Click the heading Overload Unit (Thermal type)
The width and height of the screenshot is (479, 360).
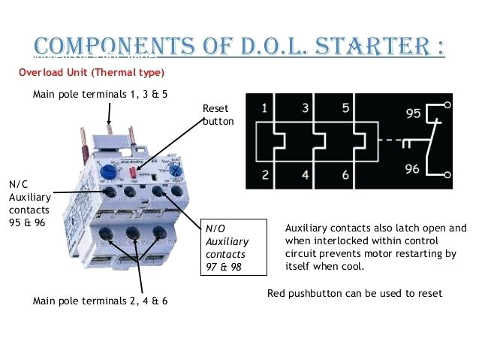(x=91, y=73)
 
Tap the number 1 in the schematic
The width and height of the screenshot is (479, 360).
(x=264, y=107)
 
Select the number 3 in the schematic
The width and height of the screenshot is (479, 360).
(x=305, y=107)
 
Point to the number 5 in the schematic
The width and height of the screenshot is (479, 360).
(x=345, y=107)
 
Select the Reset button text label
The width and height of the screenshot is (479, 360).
(x=218, y=114)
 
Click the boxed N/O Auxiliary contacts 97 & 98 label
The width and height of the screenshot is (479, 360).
(x=234, y=247)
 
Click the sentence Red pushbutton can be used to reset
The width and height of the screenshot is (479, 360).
(x=354, y=292)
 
